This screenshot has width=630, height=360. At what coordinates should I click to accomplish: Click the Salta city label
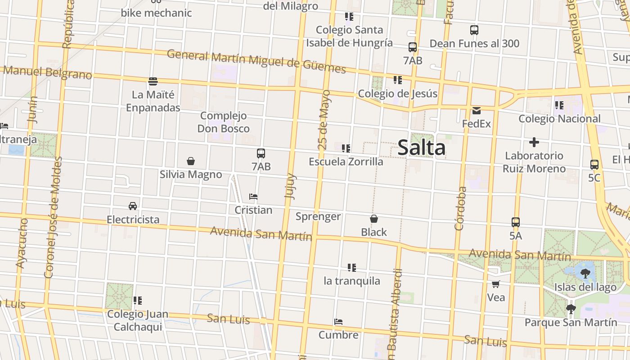422,148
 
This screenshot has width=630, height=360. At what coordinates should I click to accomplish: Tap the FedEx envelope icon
477,110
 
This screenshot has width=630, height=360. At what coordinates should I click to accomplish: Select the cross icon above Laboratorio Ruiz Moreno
534,142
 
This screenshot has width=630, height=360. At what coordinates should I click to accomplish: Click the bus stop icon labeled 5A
516,222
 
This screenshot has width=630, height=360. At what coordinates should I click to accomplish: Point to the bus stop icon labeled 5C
594,165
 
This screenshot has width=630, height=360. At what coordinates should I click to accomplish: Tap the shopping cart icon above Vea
496,284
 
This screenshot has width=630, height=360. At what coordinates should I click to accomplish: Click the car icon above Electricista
133,206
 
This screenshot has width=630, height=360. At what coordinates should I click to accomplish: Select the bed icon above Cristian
253,197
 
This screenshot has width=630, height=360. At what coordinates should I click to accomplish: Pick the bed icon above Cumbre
339,322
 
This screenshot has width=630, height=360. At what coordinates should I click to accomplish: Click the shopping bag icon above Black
374,219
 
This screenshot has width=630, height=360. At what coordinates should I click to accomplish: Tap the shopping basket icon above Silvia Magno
191,161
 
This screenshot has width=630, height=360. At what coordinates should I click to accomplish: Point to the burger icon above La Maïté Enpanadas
153,81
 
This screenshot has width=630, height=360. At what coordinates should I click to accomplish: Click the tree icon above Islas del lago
585,273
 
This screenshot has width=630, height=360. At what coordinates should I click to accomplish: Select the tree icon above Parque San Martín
571,309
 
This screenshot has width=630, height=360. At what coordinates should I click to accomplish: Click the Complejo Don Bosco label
224,122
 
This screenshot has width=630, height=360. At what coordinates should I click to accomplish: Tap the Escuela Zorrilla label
346,162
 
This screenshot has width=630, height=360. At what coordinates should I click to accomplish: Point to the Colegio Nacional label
559,119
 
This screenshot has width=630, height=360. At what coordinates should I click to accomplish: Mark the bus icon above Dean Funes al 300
474,30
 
